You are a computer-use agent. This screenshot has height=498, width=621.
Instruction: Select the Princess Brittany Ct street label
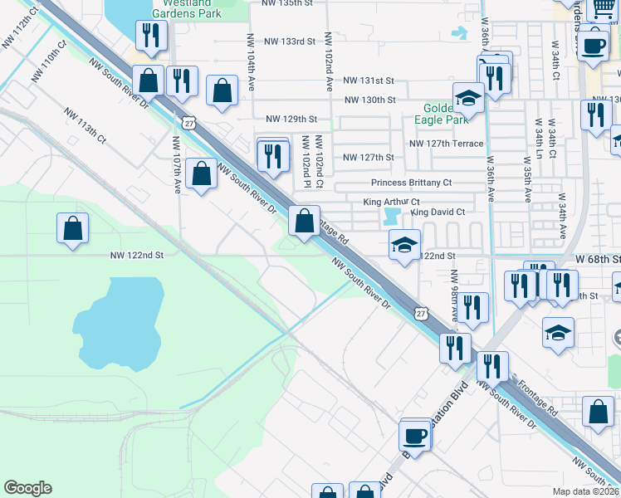tap(411, 183)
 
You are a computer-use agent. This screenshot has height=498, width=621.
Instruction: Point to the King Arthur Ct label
tap(392, 202)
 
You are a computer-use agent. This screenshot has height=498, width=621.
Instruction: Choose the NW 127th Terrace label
tap(446, 143)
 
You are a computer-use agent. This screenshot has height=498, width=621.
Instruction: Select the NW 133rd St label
tap(289, 41)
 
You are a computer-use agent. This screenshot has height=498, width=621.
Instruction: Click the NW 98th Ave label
tap(454, 295)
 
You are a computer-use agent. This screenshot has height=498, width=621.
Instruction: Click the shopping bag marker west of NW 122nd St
tap(73, 229)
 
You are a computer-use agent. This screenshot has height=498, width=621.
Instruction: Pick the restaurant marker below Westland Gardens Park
tap(150, 36)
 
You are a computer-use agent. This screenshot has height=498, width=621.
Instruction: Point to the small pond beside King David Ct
tap(392, 217)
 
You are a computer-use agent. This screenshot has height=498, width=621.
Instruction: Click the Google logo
tap(27, 488)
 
